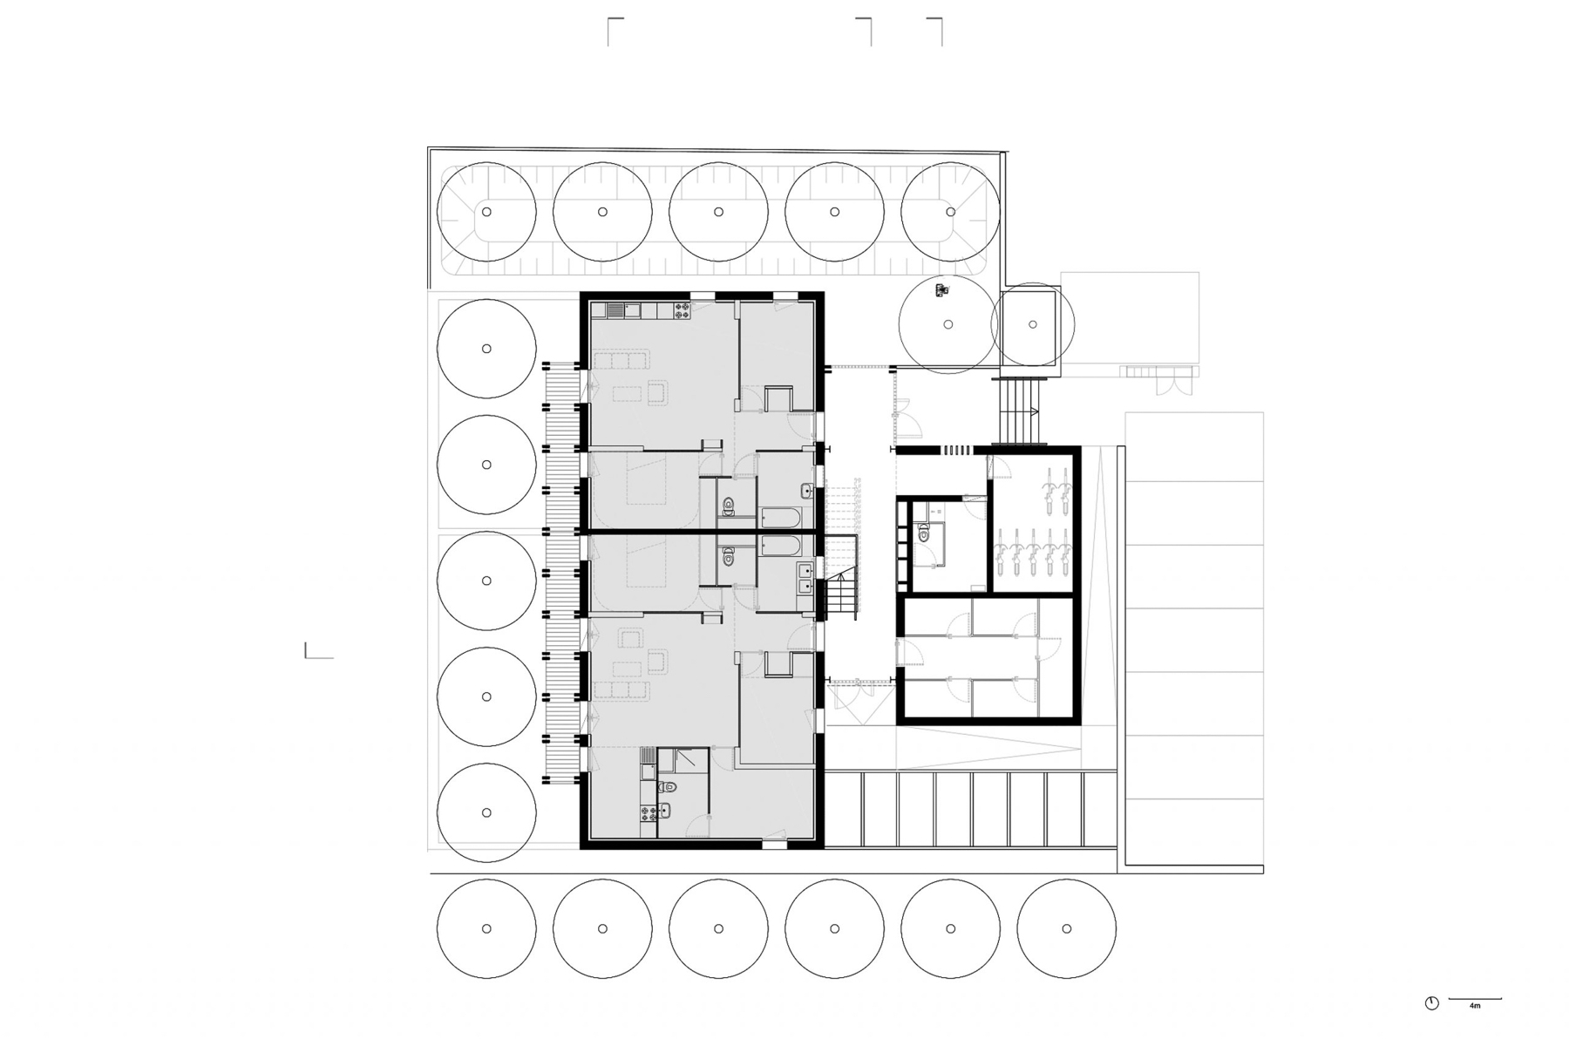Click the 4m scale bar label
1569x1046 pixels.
[x=1475, y=1006]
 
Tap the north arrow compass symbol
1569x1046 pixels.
[x=1431, y=1003]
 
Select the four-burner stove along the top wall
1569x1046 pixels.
[x=681, y=309]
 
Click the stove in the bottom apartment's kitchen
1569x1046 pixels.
[x=648, y=813]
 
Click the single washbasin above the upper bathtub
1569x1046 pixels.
[x=807, y=492]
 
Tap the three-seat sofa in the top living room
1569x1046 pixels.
[x=621, y=360]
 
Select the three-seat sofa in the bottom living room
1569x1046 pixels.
[x=621, y=690]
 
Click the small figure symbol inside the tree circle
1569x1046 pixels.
[x=940, y=291]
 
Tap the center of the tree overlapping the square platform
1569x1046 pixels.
[x=1033, y=324]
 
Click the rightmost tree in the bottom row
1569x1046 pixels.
[x=1066, y=929]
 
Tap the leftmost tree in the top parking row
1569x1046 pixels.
[x=486, y=212]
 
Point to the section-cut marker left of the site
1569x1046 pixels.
[x=317, y=651]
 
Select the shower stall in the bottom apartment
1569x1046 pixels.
[x=684, y=760]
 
